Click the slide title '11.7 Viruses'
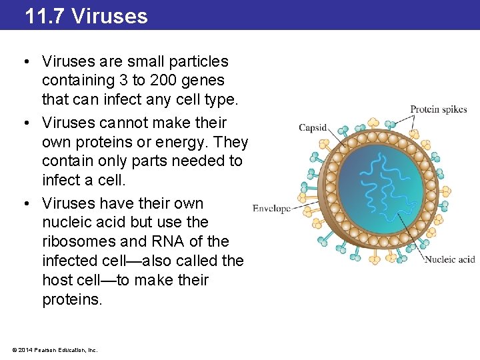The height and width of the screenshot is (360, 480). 86,15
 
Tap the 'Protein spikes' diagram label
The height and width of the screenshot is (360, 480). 438,109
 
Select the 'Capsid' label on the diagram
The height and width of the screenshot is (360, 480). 312,127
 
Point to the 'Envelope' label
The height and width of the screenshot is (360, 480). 271,209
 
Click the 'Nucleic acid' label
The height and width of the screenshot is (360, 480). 449,259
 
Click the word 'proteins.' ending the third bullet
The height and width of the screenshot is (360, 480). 73,300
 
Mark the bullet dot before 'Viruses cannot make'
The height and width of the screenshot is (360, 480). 24,123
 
